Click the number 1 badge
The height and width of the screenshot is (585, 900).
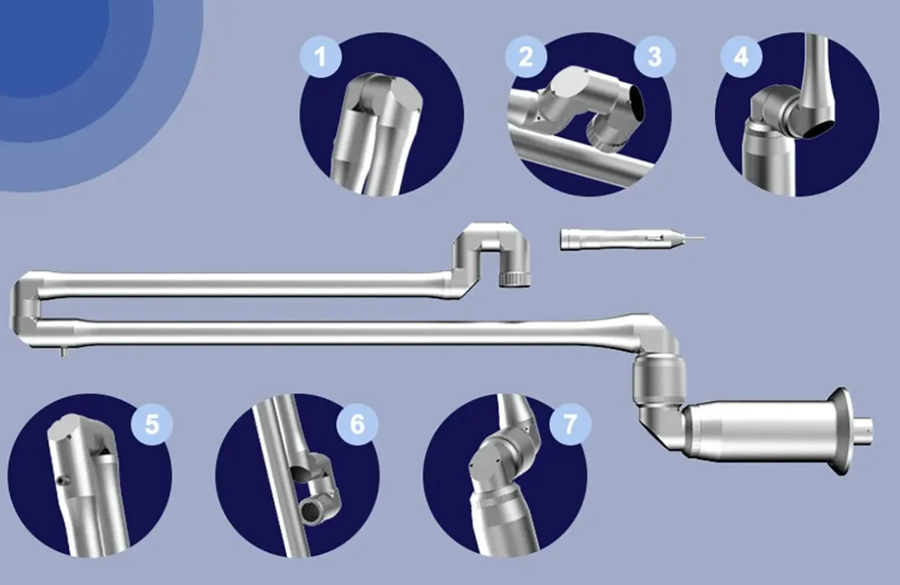(321, 57)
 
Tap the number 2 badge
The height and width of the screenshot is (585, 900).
(526, 57)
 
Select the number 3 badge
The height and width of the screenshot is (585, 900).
(655, 57)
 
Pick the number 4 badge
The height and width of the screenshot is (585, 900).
(742, 57)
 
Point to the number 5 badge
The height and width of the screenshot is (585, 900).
(152, 424)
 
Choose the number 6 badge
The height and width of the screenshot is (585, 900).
(357, 424)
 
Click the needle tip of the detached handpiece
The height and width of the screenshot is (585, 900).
(703, 237)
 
